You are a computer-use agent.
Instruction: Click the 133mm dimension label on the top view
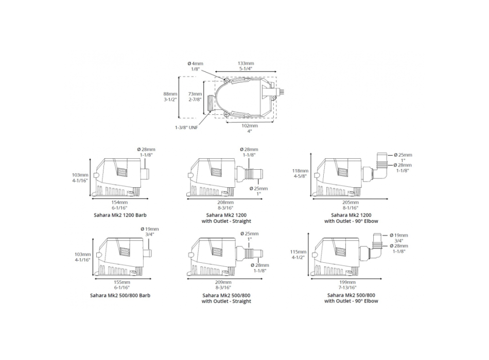[x=246, y=63]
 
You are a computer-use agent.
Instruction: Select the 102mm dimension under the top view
[x=250, y=125]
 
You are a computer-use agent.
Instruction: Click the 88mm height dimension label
[x=170, y=94]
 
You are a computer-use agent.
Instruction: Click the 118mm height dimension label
[x=301, y=170]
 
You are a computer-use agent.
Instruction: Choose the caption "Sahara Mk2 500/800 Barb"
[x=119, y=295]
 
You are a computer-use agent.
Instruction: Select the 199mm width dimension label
[x=348, y=282]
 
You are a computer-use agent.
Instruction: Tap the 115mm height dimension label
[x=298, y=252]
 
